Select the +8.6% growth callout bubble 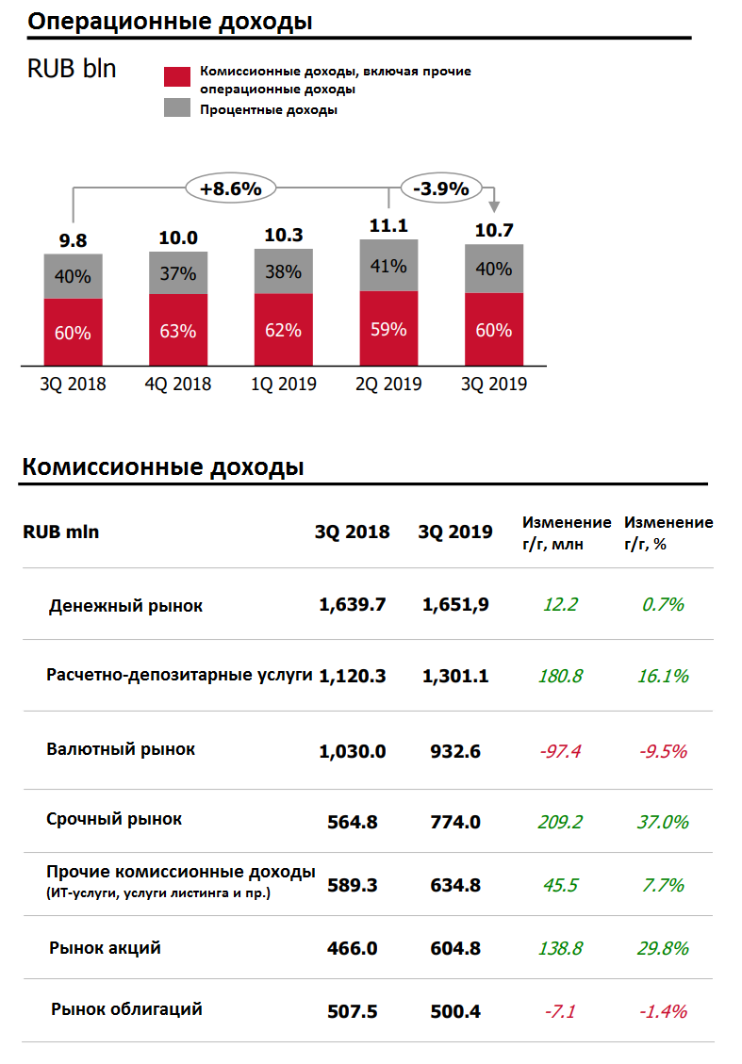click(230, 188)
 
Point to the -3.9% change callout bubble click(441, 188)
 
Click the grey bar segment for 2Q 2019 click(388, 266)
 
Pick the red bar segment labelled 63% click(178, 331)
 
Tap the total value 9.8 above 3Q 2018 click(73, 240)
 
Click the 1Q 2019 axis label click(283, 385)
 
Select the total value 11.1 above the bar click(388, 226)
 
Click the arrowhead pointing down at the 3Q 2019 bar click(493, 208)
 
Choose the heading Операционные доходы click(170, 22)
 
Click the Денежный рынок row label click(125, 605)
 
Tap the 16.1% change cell click(664, 676)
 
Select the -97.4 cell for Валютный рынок click(561, 751)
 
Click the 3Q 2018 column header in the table click(352, 532)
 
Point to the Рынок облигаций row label click(126, 1009)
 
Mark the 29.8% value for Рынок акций click(664, 948)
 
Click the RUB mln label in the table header click(60, 532)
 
